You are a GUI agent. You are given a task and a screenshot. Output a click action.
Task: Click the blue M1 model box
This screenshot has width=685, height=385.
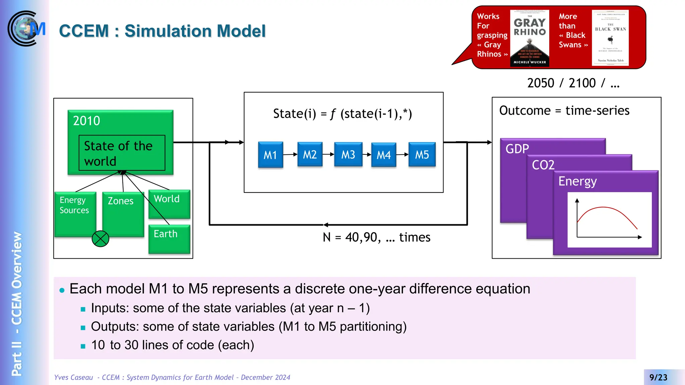tap(270, 155)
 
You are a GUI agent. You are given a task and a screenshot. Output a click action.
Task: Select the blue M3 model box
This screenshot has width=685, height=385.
tap(348, 154)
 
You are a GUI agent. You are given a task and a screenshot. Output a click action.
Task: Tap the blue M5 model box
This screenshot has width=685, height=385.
tap(422, 154)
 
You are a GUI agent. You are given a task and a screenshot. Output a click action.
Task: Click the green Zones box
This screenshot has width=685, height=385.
tap(122, 214)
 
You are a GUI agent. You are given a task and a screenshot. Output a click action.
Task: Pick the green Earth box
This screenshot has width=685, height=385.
tap(169, 239)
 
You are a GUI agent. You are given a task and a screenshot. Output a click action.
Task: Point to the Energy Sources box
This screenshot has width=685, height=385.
tap(75, 214)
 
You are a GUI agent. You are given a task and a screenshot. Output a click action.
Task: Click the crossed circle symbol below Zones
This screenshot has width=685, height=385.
tap(100, 239)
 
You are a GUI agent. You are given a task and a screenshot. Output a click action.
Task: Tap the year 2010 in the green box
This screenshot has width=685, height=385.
tap(87, 121)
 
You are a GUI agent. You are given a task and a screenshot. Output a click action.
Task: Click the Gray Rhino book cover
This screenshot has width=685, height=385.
tap(529, 38)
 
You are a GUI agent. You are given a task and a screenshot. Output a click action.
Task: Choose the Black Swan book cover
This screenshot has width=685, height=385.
tap(610, 38)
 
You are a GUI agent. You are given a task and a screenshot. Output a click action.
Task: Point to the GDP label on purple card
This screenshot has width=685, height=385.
tap(517, 149)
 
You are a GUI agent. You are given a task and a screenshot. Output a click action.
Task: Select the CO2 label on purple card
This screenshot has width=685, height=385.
tap(543, 165)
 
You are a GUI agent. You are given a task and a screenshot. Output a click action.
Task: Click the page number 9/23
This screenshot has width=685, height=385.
tap(658, 377)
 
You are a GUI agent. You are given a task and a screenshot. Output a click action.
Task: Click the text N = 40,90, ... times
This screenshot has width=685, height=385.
tap(376, 237)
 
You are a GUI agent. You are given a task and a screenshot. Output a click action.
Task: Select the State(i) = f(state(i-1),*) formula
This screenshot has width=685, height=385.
tap(342, 114)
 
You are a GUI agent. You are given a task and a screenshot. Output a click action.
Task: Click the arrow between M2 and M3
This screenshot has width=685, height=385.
tap(328, 154)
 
